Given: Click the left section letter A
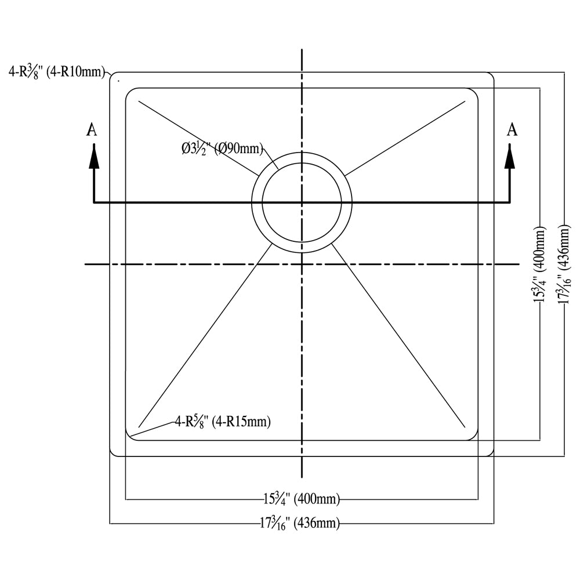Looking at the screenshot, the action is [92, 129].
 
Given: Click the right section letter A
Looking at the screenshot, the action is [512, 129].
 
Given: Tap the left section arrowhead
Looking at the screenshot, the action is [94, 156].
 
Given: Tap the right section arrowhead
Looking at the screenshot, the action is [510, 156].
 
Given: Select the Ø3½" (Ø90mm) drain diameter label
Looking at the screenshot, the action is [222, 149].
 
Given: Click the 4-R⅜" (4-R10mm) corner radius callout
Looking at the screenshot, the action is [57, 72].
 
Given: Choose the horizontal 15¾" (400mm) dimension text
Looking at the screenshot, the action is [302, 499].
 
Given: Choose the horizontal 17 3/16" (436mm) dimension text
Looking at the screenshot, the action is [300, 523].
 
